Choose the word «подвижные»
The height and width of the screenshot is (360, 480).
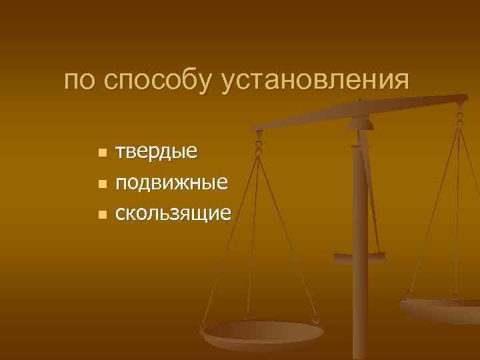click(x=172, y=182)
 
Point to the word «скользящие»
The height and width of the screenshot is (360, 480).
click(x=173, y=213)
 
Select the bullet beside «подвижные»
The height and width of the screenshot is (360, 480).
click(x=102, y=183)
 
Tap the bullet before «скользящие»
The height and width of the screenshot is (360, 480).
click(x=102, y=215)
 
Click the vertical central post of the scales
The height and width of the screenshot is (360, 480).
click(x=360, y=293)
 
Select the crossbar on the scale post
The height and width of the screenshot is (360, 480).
click(x=359, y=257)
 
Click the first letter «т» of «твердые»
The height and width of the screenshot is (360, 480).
click(x=121, y=152)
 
